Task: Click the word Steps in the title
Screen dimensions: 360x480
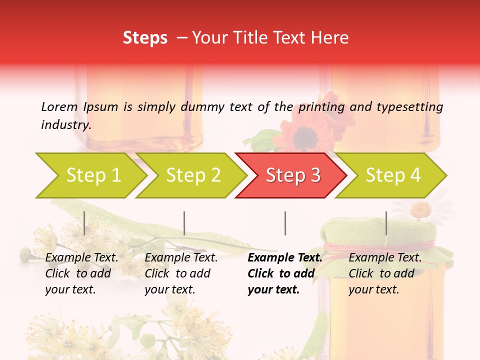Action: click(x=145, y=37)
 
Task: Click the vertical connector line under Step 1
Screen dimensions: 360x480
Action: click(x=84, y=223)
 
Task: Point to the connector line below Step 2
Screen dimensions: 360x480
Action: click(x=184, y=223)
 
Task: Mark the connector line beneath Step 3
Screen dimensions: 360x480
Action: click(x=285, y=223)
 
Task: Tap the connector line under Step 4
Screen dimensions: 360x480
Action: click(x=386, y=223)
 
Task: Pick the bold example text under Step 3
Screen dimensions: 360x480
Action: click(x=284, y=273)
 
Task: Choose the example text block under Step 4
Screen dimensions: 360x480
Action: click(x=384, y=273)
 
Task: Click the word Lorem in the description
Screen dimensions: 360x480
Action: click(x=59, y=106)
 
